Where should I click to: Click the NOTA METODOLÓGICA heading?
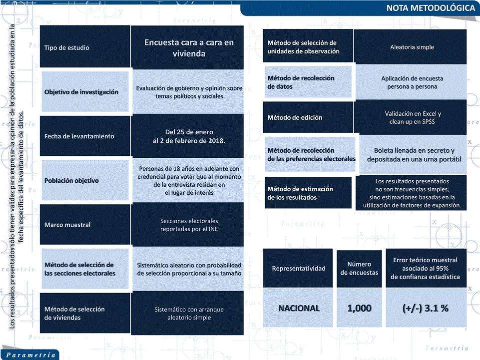point(430,8)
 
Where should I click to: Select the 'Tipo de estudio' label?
point(67,48)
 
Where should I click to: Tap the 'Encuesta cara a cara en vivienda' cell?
point(189,48)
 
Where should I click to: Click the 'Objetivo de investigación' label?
point(81,92)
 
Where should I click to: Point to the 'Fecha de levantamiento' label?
point(79,136)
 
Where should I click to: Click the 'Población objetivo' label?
point(71,181)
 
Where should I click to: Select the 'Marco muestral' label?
point(67,225)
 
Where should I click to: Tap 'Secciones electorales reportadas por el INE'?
point(189,225)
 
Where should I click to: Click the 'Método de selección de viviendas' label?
point(74,313)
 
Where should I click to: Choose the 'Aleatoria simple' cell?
point(412,47)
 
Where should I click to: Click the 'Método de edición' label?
point(295,118)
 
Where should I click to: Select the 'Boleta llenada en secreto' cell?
point(414,155)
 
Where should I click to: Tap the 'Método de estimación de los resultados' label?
point(300,193)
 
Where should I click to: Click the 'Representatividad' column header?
point(299,269)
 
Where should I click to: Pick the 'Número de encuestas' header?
point(359,269)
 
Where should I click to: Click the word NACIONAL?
point(299,309)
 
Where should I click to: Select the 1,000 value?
point(359,309)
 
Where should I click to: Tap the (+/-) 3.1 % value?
point(425,309)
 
